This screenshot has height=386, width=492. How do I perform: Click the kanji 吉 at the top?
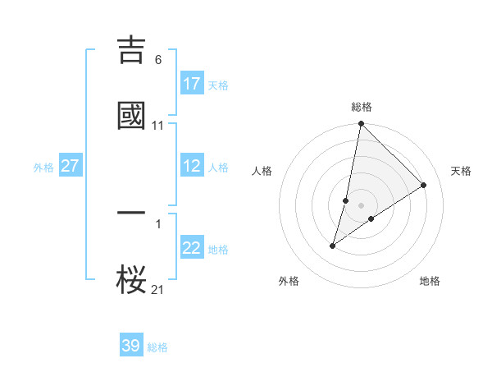coord(132,49)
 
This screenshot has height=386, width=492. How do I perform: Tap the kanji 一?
coord(132,213)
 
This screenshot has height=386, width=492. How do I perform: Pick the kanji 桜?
coord(132,279)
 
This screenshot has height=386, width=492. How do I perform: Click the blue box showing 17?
coord(192,84)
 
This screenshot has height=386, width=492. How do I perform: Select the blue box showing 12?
coord(192,166)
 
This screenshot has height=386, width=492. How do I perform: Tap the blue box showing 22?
coord(192,248)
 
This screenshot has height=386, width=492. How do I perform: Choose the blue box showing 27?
coord(71,166)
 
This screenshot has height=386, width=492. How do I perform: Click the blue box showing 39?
coord(131,346)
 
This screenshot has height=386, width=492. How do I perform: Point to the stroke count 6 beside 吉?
coord(158,60)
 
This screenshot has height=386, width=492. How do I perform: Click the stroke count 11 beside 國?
coord(158,126)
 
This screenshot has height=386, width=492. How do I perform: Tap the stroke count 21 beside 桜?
coord(158,289)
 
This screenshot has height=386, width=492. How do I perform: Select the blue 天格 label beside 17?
coord(218,85)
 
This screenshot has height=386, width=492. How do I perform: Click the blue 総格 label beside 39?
coord(157,347)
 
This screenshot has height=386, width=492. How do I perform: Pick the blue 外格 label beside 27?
coord(43,168)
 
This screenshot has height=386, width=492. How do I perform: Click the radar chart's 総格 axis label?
coord(362,107)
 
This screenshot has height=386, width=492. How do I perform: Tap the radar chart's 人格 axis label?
coord(262,171)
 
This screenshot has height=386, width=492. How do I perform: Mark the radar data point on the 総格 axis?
coord(362,125)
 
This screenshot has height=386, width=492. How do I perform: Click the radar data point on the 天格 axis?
coord(424,186)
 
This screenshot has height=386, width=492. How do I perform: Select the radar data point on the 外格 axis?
coord(333,246)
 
